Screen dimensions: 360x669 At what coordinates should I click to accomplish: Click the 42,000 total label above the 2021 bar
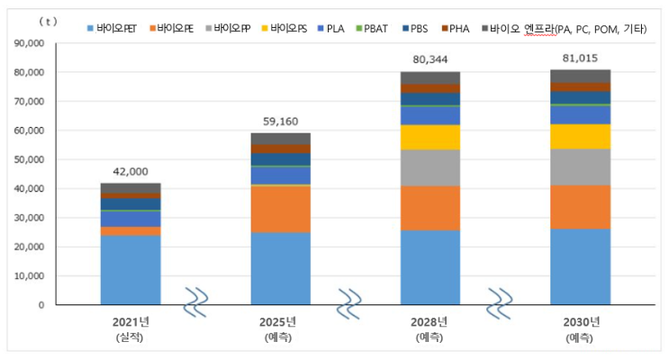(131, 172)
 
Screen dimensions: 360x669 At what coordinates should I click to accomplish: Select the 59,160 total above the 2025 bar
(280, 121)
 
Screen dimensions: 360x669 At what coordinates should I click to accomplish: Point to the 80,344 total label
(430, 61)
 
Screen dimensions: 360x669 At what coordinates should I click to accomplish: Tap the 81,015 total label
(581, 59)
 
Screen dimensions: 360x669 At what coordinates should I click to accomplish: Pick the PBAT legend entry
(375, 30)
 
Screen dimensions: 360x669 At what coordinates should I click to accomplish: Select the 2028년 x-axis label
(430, 322)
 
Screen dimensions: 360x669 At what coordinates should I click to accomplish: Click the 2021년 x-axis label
(131, 322)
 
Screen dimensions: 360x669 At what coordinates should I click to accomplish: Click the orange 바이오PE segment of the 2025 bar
(280, 209)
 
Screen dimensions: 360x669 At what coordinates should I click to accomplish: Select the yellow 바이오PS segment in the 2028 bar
(430, 137)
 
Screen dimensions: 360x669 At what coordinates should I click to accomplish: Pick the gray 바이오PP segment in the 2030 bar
(581, 166)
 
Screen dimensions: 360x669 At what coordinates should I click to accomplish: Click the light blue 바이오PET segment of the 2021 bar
(131, 270)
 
